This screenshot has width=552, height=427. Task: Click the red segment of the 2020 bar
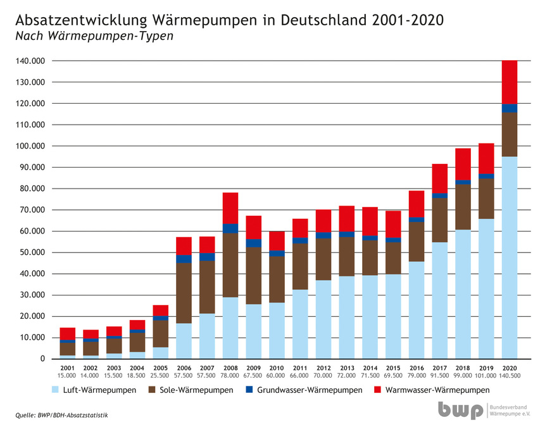(510, 82)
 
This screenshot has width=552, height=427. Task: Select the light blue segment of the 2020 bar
(510, 257)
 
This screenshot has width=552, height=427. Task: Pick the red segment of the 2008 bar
(230, 208)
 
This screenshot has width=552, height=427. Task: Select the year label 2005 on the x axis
(160, 368)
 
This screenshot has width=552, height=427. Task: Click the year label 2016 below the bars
(417, 368)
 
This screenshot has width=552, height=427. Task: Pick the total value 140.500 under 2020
(510, 375)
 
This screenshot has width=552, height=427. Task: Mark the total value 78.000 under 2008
(230, 375)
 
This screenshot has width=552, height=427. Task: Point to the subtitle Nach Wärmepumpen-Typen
(94, 36)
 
